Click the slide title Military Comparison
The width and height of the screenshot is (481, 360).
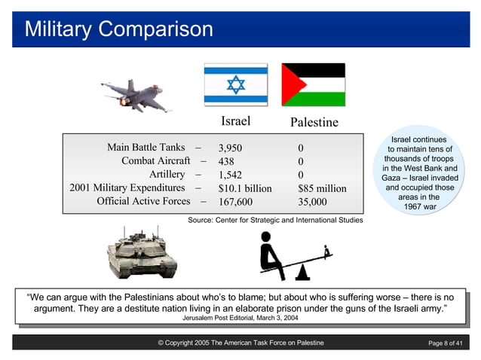(119, 29)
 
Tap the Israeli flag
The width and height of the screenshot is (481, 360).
(235, 85)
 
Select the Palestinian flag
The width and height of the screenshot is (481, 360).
(313, 85)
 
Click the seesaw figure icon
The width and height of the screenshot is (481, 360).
(295, 255)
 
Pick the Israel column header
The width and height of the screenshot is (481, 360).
(235, 121)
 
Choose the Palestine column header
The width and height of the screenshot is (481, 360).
(314, 122)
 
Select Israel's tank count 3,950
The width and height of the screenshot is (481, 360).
(230, 148)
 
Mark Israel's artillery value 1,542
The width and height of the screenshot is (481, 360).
(230, 175)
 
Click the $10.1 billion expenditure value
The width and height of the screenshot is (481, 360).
(244, 188)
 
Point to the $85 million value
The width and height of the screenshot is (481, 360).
(322, 188)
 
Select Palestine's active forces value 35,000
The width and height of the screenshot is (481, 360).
(312, 202)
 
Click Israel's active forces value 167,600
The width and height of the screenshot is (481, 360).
(235, 202)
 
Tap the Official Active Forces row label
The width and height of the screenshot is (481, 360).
(143, 202)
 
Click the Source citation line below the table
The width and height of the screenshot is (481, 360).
(274, 221)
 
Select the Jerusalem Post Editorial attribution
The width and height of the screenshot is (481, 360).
(240, 318)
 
